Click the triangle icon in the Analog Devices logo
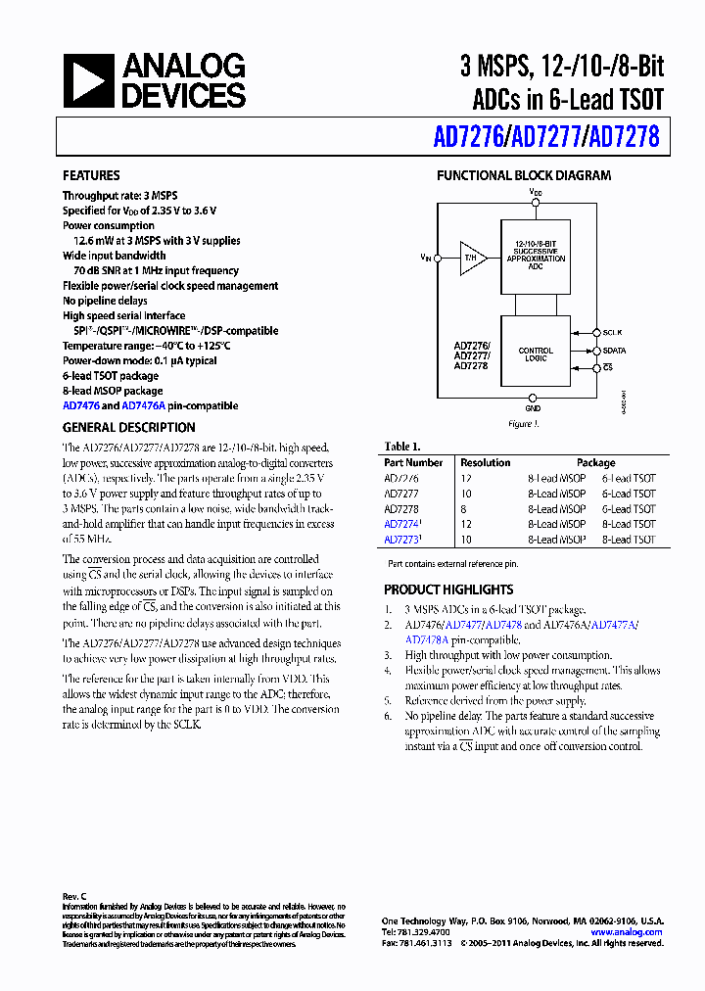(x=88, y=80)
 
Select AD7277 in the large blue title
(x=544, y=137)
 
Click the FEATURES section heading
(x=92, y=176)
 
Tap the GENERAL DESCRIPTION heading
(x=128, y=428)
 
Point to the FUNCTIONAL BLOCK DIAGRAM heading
(x=523, y=176)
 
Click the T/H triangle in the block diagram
(x=473, y=258)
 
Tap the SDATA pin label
(x=615, y=350)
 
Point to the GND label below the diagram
(x=533, y=408)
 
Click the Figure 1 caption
(x=522, y=424)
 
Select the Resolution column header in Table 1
(x=486, y=462)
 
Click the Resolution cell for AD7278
(x=465, y=509)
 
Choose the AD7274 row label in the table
(x=401, y=524)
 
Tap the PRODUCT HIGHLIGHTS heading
(x=448, y=590)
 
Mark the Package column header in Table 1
(x=595, y=462)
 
